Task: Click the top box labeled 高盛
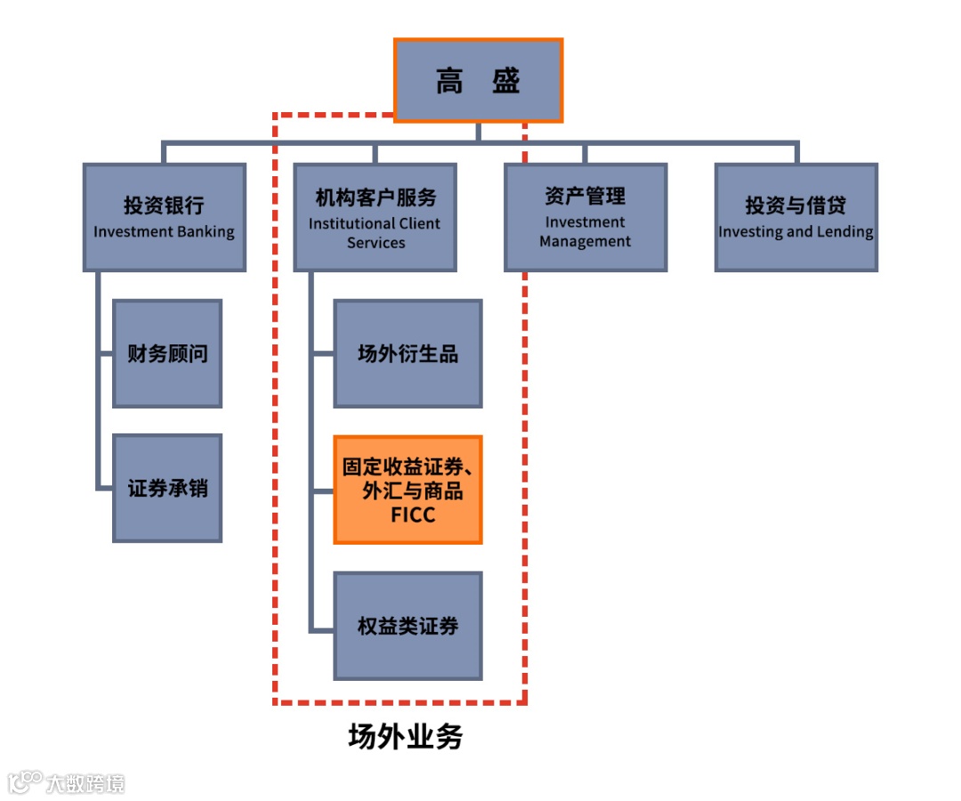point(478,80)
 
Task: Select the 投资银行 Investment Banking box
point(165,217)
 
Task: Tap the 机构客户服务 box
point(375,217)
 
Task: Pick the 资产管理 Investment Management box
point(585,217)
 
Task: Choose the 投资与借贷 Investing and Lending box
point(796,217)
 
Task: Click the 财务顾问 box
point(167,353)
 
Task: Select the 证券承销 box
point(167,488)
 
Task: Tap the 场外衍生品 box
point(408,353)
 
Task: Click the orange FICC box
point(408,489)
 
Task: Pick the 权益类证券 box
point(408,626)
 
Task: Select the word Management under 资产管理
point(585,241)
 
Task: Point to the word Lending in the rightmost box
point(844,232)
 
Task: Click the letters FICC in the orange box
point(413,514)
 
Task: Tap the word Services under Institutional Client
point(376,243)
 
